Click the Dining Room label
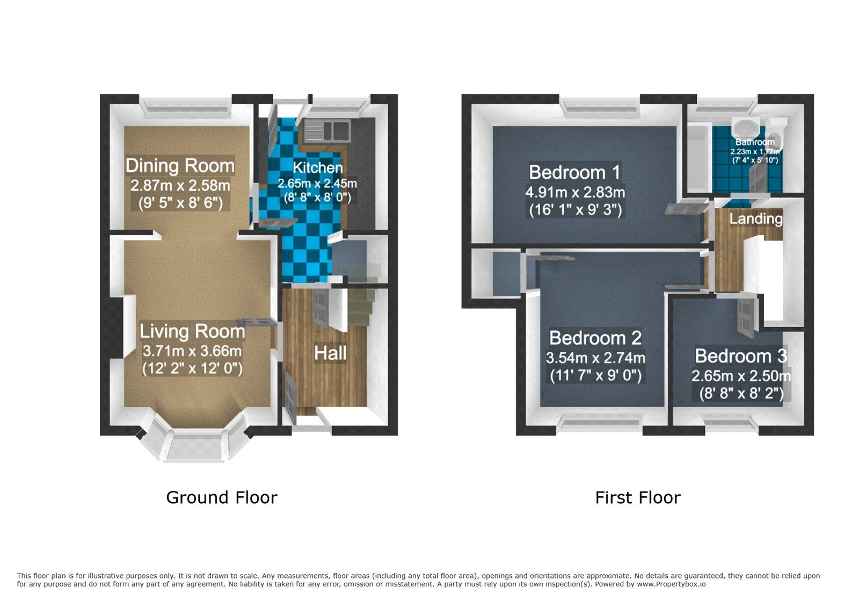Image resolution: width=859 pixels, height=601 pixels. [x=180, y=165]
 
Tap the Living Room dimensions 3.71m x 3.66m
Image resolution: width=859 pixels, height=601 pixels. [x=192, y=351]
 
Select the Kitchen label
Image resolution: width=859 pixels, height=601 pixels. [x=318, y=168]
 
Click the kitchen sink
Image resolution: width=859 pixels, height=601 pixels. [x=327, y=130]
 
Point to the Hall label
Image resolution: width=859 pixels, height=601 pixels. [x=330, y=353]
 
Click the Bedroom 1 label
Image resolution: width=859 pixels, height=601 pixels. [x=574, y=172]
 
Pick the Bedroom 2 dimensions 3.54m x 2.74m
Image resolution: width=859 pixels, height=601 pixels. [x=595, y=358]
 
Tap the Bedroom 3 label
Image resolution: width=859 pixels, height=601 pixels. [x=741, y=356]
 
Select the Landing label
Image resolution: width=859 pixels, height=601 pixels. [x=756, y=219]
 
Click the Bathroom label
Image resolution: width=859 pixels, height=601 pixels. [x=755, y=142]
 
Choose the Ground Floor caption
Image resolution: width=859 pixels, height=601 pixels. [x=222, y=498]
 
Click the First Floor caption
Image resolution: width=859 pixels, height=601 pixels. [x=638, y=498]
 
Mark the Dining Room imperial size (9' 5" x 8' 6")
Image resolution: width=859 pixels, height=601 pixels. [x=180, y=203]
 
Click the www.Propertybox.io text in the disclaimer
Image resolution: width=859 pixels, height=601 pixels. [x=671, y=584]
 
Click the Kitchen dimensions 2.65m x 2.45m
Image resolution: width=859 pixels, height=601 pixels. [x=317, y=184]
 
